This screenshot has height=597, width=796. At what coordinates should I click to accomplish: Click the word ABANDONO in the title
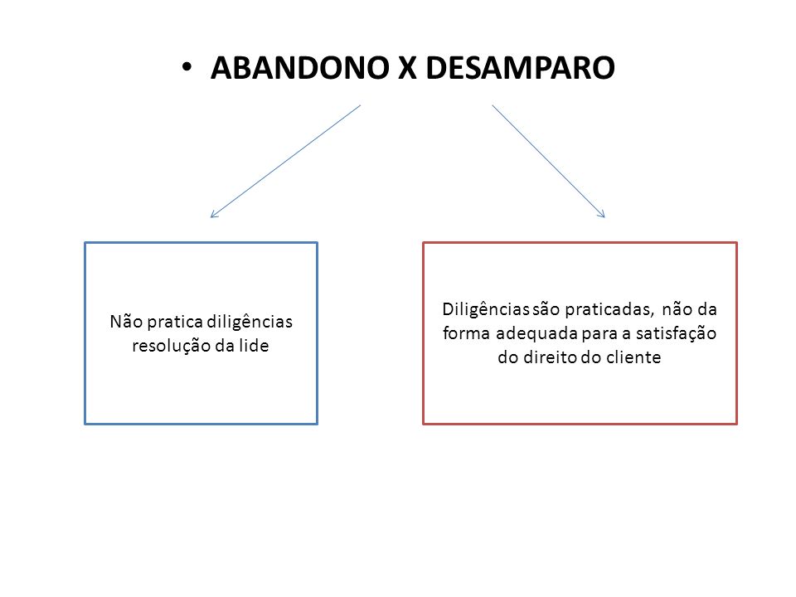[x=300, y=67]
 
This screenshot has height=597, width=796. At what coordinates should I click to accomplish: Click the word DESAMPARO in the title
[x=521, y=67]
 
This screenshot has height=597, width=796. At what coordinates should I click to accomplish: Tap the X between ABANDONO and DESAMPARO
[x=408, y=67]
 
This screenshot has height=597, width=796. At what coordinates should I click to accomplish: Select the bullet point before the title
[x=187, y=67]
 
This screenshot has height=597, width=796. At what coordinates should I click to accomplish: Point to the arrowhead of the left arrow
[x=211, y=216]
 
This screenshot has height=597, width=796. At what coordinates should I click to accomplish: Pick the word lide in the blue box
[x=254, y=345]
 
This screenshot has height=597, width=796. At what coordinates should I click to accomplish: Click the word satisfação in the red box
[x=677, y=333]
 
